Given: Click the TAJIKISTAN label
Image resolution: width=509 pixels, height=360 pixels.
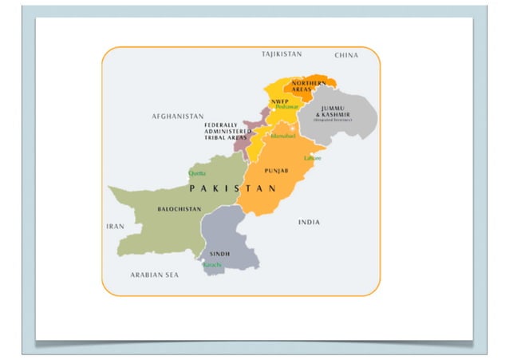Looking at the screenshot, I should point(282,54).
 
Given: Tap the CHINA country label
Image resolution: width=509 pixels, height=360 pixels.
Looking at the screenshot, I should point(346,55).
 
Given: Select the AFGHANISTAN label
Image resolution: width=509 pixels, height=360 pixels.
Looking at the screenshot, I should point(177,117).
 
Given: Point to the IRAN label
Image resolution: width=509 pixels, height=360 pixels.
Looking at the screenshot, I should point(115,227).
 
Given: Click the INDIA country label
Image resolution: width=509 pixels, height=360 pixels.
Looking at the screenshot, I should point(309,222).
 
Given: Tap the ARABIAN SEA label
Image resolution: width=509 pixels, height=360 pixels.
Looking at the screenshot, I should point(155,275).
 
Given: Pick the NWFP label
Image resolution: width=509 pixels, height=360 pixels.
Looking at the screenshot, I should point(279,101).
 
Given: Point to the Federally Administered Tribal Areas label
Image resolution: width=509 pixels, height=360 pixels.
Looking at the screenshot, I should point(225,132).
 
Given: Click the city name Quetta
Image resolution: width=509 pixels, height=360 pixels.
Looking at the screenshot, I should point(197,173).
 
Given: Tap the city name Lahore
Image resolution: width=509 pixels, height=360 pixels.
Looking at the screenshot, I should point(312,158).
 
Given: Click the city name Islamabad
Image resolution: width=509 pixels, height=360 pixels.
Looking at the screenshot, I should point(283,136).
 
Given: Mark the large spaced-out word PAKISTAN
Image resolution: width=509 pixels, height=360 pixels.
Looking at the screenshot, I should point(232,189).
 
